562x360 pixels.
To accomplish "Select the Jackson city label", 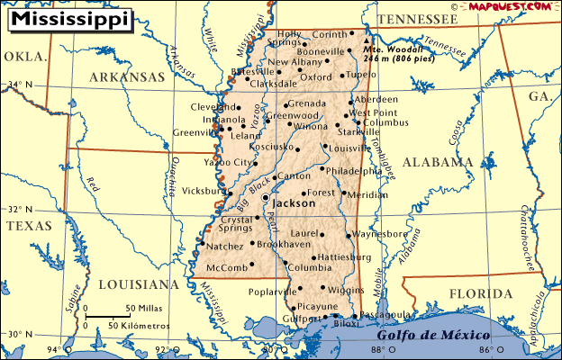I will [294, 203].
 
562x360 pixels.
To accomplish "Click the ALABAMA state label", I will [437, 162].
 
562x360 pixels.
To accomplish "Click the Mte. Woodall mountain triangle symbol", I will [366, 41].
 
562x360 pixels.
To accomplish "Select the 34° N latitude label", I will [20, 85].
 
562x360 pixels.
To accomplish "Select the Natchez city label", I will [224, 246].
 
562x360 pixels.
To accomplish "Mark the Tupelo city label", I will [361, 75].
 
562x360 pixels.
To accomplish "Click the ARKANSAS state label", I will [126, 77].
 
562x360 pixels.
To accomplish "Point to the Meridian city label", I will [367, 194].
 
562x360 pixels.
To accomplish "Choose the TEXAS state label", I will [29, 226].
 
